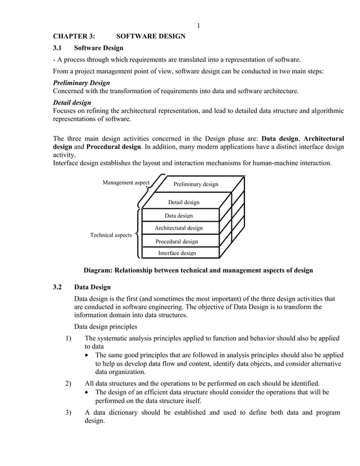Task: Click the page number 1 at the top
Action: pyautogui.click(x=199, y=25)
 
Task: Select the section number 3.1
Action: pyautogui.click(x=58, y=48)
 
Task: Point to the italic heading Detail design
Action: pyautogui.click(x=72, y=103)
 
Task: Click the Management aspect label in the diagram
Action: pyautogui.click(x=126, y=182)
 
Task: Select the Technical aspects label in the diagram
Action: pyautogui.click(x=111, y=235)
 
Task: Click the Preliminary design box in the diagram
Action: pyautogui.click(x=195, y=184)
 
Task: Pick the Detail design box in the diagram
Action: pyautogui.click(x=183, y=202)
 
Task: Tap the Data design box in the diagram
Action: pyautogui.click(x=178, y=216)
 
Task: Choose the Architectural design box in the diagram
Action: pyautogui.click(x=178, y=228)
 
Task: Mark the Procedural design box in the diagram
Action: pyautogui.click(x=177, y=241)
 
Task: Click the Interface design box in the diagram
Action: pyautogui.click(x=177, y=253)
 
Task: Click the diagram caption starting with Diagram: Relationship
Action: pyautogui.click(x=198, y=270)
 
